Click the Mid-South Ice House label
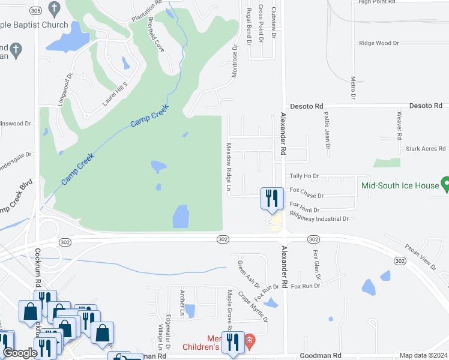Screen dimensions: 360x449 (400, 185)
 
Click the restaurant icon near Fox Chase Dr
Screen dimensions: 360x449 (271, 198)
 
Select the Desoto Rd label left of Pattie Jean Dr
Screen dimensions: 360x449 (306, 106)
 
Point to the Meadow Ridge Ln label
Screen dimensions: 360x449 (229, 167)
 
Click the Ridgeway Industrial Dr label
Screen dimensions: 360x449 (319, 219)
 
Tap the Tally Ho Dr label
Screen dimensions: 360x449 (304, 176)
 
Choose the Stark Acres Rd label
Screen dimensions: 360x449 (426, 148)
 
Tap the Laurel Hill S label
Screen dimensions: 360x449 (115, 94)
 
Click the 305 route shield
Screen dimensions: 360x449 (35, 10)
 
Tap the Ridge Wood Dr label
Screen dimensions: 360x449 (379, 43)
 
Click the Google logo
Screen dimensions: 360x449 (20, 353)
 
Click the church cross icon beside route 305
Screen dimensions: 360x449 (55, 9)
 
